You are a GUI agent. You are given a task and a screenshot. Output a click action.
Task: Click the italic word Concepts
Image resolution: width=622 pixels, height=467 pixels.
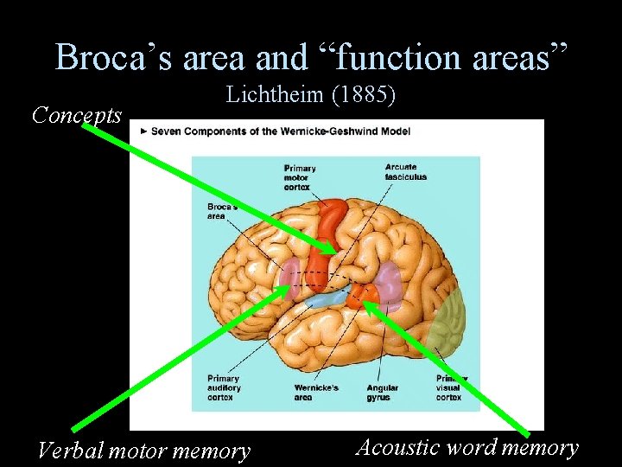point(76,114)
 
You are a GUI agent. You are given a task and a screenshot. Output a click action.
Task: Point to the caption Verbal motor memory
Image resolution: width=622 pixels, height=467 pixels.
point(143,451)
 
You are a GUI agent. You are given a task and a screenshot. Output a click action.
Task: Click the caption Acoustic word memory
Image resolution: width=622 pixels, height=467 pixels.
point(466,447)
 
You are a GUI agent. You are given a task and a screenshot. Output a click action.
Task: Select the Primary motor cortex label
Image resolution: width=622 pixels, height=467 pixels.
point(300,177)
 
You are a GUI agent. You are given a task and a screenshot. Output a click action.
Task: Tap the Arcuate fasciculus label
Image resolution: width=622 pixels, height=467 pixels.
point(406,172)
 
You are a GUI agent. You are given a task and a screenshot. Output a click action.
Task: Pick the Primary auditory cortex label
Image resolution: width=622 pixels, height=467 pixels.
point(224,388)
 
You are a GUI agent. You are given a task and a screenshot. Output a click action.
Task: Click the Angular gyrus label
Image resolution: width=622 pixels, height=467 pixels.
point(383,393)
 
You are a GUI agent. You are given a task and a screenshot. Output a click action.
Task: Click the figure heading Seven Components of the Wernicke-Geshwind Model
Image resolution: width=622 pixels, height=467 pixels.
point(281,131)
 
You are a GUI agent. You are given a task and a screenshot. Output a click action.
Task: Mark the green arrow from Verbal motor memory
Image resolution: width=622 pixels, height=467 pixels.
point(173,363)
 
